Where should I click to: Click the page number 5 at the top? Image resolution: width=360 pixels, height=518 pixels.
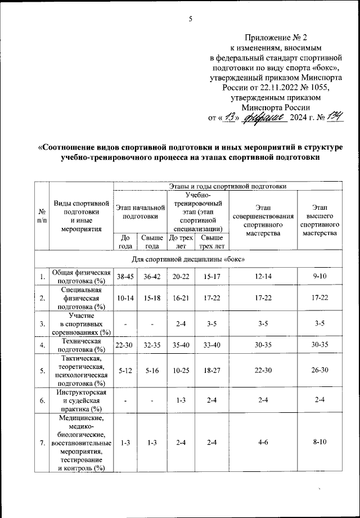click(x=190, y=19)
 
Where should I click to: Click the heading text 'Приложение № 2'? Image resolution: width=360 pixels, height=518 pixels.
click(x=274, y=38)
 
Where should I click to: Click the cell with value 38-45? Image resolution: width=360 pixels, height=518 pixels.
click(x=125, y=277)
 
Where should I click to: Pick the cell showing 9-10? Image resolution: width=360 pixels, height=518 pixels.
click(x=319, y=277)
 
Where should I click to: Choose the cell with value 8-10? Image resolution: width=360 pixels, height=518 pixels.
click(x=319, y=443)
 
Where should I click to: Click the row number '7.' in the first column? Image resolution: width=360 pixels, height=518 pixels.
click(x=42, y=443)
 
